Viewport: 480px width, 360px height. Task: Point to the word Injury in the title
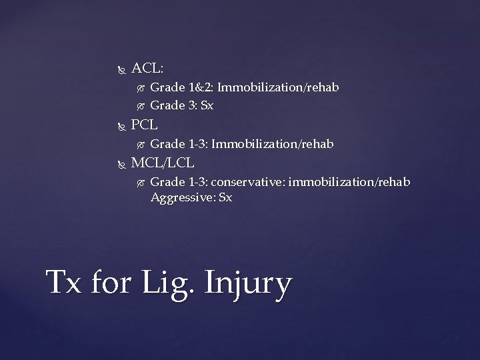(x=249, y=284)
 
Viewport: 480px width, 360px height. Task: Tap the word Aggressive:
(x=181, y=197)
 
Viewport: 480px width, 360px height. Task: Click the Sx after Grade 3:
(x=206, y=105)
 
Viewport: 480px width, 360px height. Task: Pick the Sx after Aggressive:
(x=225, y=197)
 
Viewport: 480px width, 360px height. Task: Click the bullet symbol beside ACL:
(x=120, y=69)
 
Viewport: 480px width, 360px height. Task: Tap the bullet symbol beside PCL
(x=120, y=125)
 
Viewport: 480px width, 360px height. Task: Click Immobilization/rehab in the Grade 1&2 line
(x=278, y=87)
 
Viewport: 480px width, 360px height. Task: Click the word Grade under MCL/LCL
(x=168, y=182)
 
